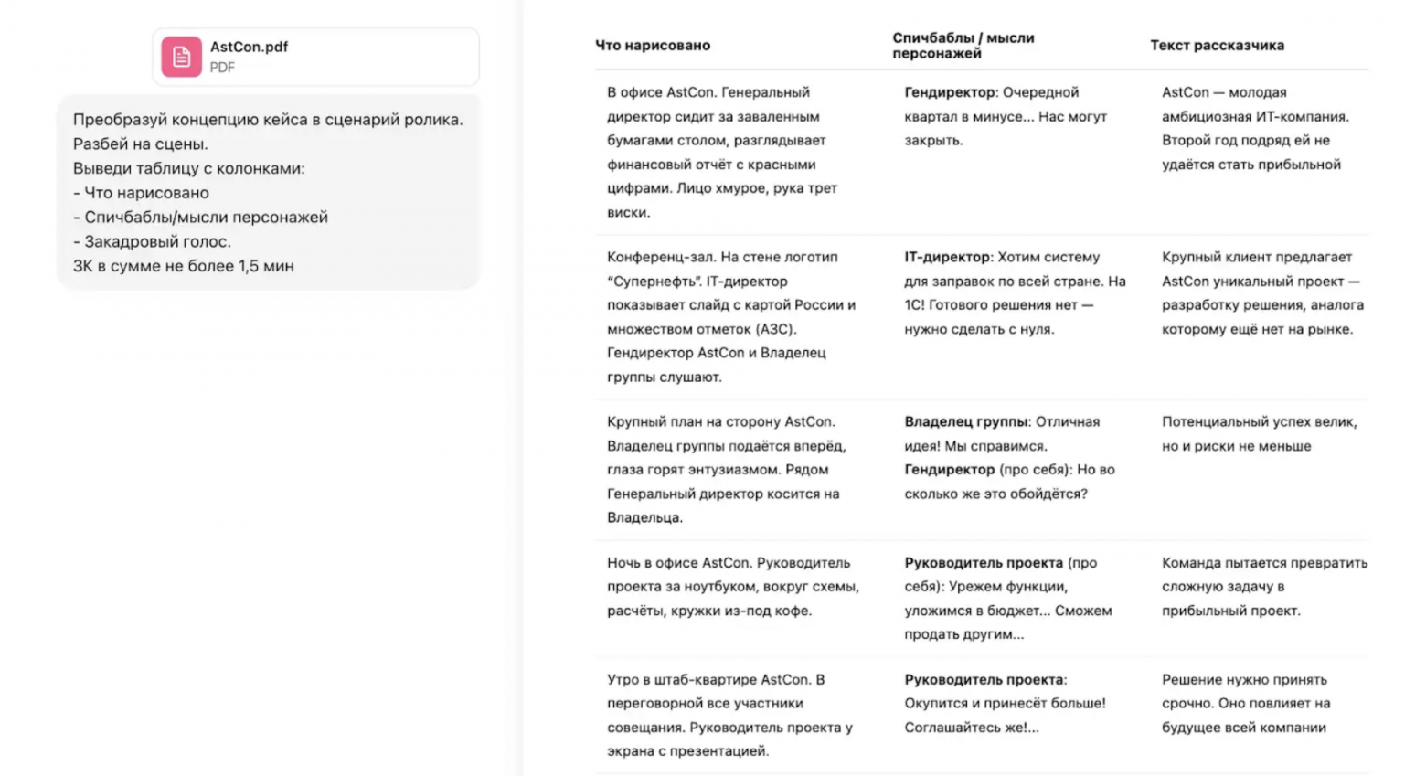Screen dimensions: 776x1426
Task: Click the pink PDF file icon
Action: click(181, 57)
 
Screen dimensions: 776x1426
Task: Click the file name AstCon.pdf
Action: click(249, 47)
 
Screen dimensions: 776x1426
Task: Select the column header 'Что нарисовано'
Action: click(653, 45)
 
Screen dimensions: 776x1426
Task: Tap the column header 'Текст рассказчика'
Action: click(1217, 45)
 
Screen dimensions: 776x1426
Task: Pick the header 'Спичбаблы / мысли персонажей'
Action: click(963, 45)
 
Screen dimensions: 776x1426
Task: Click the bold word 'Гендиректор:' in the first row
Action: click(951, 92)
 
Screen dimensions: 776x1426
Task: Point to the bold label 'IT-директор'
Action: click(947, 257)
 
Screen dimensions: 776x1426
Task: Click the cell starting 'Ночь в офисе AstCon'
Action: click(732, 587)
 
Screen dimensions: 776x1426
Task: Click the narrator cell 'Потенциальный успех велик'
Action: click(1259, 434)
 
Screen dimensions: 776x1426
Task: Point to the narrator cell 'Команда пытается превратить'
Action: click(1264, 587)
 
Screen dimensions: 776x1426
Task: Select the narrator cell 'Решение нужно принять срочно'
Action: click(1245, 703)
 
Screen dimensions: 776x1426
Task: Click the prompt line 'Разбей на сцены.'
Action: click(141, 144)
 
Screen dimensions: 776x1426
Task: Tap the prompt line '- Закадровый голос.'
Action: click(152, 241)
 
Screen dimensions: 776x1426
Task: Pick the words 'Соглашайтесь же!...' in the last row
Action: click(972, 728)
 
